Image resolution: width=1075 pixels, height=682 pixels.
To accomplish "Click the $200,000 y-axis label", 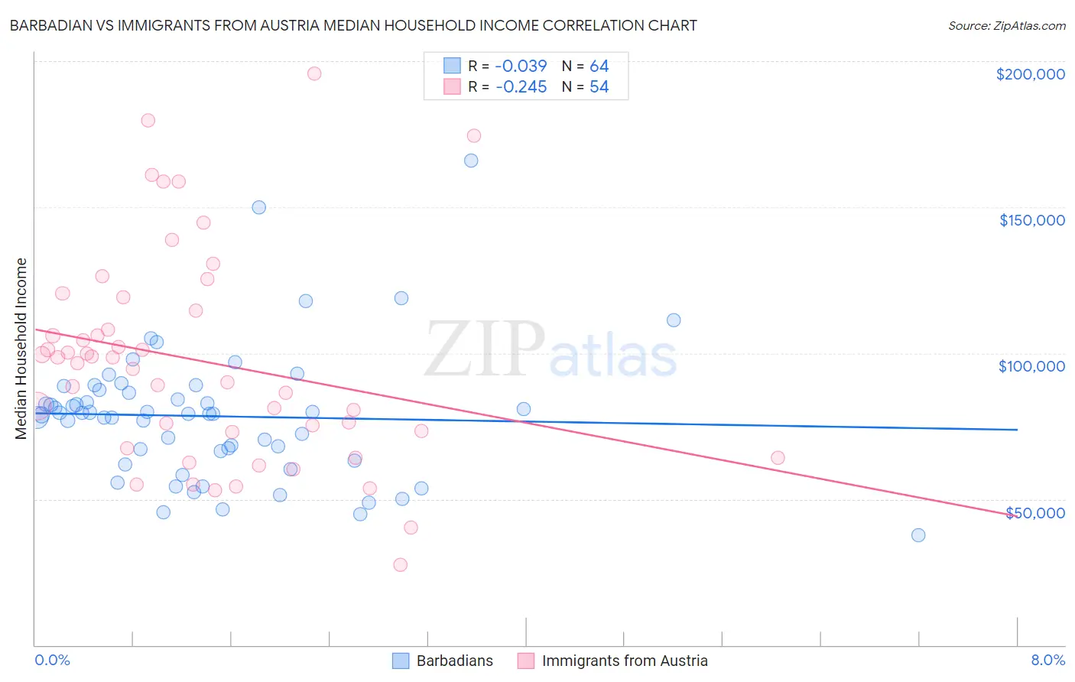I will point(1030,74).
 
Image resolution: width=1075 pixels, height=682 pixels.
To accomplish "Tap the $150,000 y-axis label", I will point(1031,220).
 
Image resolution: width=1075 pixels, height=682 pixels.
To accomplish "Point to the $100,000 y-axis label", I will point(1031,366).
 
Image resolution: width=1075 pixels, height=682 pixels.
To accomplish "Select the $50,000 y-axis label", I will point(1034,512).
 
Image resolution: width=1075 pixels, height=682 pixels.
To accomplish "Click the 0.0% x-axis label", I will point(52,660).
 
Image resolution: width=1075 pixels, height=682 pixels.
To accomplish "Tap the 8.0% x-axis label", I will point(1047,660).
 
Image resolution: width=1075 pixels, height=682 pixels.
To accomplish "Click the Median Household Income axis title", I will point(21,349).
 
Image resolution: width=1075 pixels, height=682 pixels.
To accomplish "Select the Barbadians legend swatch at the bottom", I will point(401,661).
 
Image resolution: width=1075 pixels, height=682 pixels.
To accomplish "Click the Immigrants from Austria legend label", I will point(625,661).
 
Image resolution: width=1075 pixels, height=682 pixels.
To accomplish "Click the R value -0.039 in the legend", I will point(521,67).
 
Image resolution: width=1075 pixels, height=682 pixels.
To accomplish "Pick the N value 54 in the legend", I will point(599,87).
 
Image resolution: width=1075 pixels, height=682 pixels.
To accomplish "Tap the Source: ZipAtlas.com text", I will point(1006,25).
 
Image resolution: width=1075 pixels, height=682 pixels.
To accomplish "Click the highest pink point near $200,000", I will point(313,73).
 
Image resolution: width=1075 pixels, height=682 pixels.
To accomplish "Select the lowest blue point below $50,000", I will point(918,535).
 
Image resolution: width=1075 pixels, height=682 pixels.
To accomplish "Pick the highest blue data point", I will point(471,161).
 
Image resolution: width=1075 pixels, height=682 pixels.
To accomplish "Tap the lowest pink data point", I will point(400,565).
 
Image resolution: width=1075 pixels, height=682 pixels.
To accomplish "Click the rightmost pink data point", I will point(778,458).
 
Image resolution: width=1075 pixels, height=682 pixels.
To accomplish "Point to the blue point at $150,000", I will point(258,207).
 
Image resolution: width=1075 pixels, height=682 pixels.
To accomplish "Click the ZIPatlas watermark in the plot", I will point(550,349).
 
